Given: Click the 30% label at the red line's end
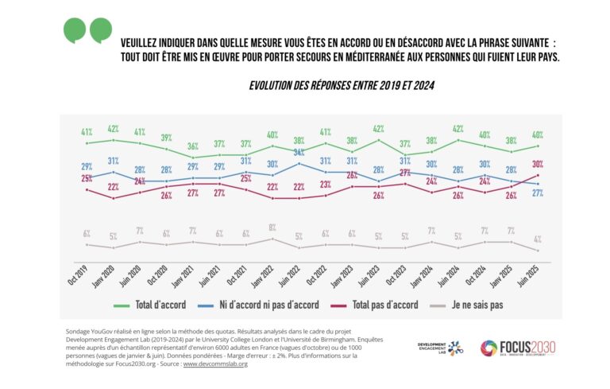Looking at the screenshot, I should coord(537,164).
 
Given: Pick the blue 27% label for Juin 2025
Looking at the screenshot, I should coord(538,193).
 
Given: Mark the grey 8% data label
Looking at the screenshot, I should coord(272,228).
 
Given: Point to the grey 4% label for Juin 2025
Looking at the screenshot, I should coord(538,239).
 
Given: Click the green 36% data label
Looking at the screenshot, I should coord(192,146).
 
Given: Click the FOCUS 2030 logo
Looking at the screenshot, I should coord(518,348).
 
